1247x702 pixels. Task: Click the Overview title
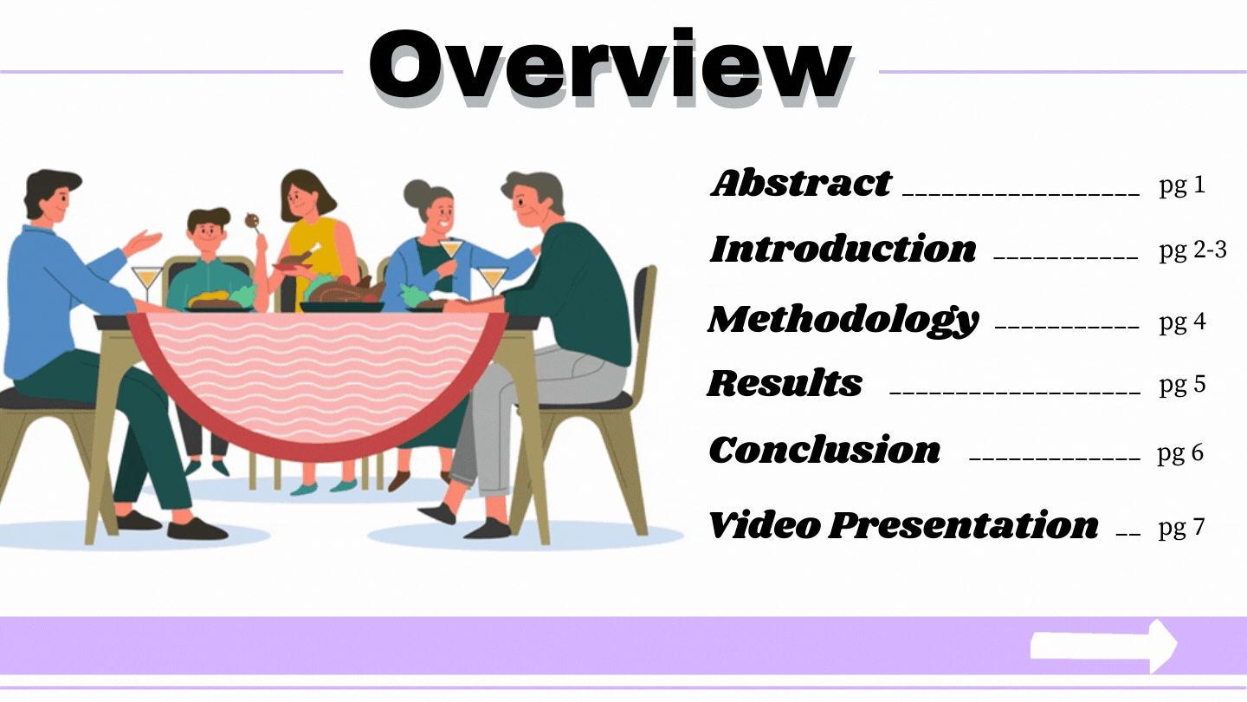tap(611, 66)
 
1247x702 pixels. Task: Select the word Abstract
tap(801, 184)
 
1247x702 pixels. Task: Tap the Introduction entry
tap(843, 249)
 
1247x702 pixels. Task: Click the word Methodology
tap(843, 321)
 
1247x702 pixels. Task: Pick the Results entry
tap(785, 383)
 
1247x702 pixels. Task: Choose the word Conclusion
tap(824, 450)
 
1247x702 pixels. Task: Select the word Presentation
tap(964, 525)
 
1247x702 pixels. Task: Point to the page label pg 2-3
tap(1193, 250)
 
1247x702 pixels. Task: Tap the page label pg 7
tap(1181, 528)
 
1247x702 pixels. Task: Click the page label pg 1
tap(1182, 185)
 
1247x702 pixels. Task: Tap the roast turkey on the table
tap(346, 290)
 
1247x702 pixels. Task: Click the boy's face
tap(208, 233)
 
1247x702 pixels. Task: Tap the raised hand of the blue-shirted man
tap(143, 243)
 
